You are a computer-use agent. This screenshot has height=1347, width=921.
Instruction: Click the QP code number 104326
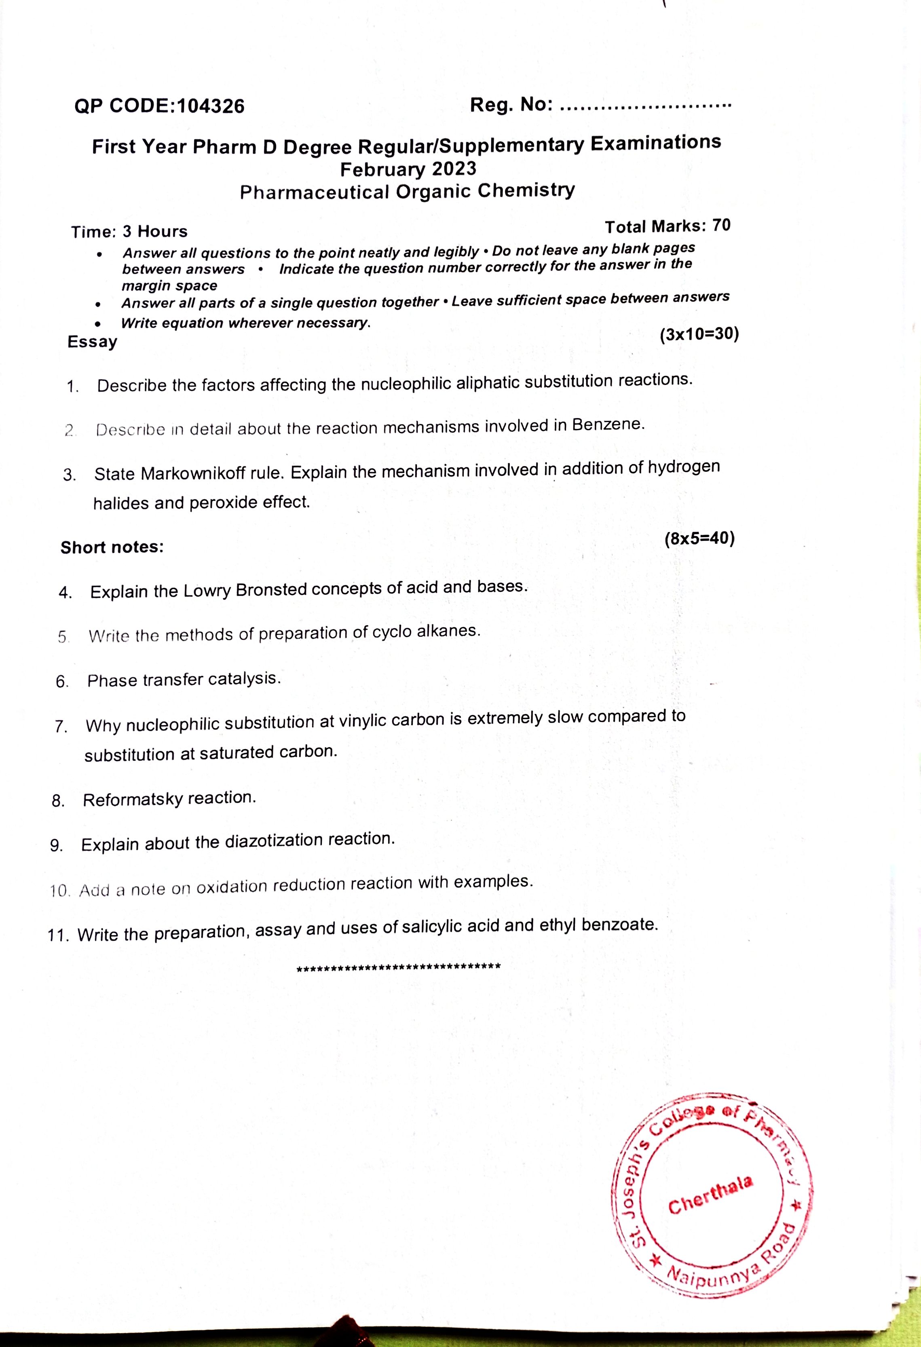[x=211, y=106]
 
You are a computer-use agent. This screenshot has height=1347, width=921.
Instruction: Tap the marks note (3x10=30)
[x=699, y=334]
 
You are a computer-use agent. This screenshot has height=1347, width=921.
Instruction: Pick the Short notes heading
[x=112, y=547]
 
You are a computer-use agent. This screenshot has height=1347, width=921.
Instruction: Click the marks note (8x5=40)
[x=699, y=538]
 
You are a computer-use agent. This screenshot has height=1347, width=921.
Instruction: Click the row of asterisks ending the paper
[x=398, y=967]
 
